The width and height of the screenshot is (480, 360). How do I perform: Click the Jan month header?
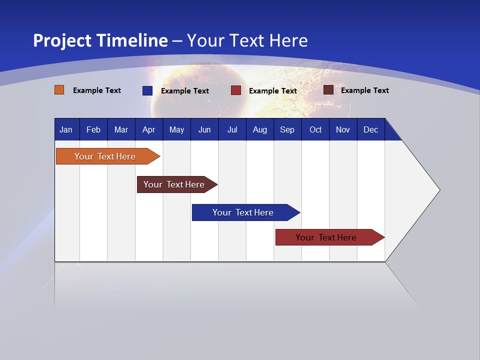66,129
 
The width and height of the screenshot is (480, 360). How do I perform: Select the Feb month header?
93,129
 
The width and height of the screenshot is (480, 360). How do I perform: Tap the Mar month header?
121,129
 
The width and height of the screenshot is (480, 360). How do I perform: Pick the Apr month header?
149,129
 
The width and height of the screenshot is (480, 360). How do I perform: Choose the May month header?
176,129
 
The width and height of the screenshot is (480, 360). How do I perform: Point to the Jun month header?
204,129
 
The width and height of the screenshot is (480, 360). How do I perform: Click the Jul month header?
232,129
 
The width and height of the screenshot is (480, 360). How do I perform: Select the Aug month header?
260,129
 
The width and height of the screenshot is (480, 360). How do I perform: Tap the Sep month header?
287,129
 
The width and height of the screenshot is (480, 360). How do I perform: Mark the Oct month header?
315,129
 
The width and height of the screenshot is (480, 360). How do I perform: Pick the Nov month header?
343,129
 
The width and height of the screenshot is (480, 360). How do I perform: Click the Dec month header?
371,129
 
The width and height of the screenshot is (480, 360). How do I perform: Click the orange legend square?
59,90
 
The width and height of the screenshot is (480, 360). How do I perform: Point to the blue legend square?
147,90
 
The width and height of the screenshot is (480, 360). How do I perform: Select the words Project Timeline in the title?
100,40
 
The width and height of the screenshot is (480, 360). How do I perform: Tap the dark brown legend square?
328,90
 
